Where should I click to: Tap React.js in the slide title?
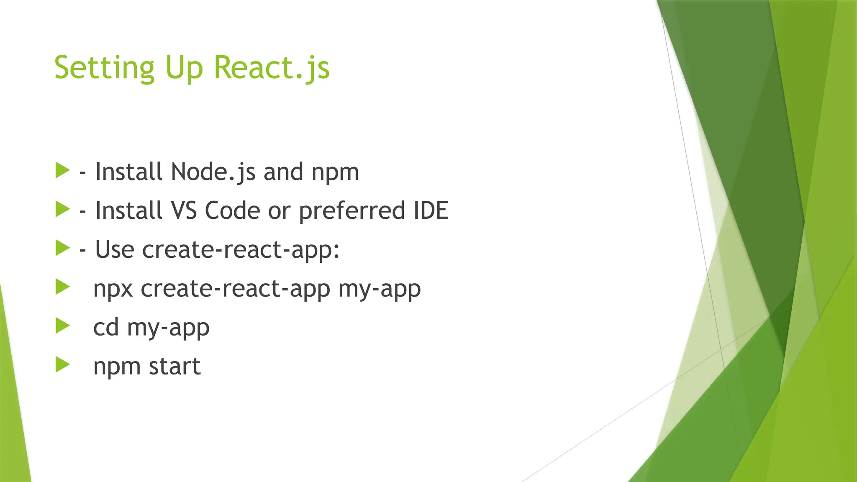click(272, 68)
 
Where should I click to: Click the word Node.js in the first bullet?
click(213, 172)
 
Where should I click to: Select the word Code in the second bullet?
click(232, 210)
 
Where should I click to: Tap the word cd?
click(106, 327)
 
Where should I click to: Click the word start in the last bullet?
click(174, 367)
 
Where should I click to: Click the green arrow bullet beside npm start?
click(62, 364)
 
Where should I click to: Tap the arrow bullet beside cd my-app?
click(62, 326)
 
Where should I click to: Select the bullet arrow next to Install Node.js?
click(62, 170)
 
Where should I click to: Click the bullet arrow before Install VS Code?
click(62, 209)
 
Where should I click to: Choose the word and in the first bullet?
click(283, 172)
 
